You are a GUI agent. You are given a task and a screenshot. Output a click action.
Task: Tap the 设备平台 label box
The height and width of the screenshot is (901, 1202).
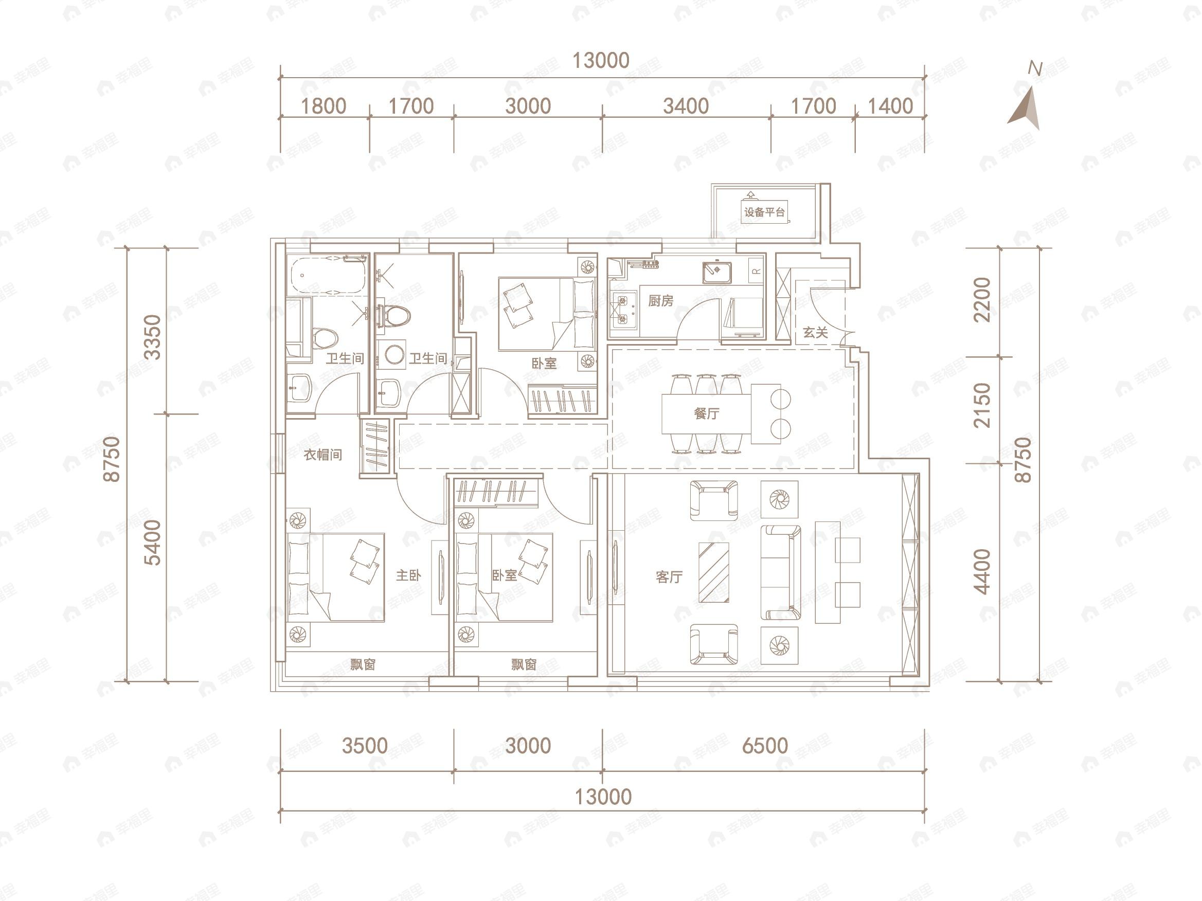point(765,212)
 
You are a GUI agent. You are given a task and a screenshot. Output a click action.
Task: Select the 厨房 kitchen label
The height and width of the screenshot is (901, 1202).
point(661,300)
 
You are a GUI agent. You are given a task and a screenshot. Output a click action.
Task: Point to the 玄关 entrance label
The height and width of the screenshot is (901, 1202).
point(815,333)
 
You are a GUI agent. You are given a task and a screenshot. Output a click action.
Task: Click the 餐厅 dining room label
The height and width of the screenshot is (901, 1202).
point(706,413)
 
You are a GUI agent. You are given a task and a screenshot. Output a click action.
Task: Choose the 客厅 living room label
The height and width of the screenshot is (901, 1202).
point(669,576)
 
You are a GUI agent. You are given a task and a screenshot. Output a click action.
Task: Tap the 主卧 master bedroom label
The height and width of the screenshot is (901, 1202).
point(408,575)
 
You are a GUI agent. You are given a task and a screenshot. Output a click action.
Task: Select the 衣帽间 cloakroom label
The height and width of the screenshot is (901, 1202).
point(323,454)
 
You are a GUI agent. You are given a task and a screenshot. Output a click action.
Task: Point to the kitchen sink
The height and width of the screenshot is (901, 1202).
point(717,272)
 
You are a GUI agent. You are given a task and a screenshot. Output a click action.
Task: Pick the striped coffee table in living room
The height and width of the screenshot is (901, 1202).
point(713,572)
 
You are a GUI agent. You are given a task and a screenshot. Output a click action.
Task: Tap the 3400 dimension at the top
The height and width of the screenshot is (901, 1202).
point(686,106)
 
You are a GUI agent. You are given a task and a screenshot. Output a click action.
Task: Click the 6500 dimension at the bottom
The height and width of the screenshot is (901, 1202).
point(765,746)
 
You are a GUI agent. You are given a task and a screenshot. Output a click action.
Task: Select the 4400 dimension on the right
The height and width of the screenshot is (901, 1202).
point(982,572)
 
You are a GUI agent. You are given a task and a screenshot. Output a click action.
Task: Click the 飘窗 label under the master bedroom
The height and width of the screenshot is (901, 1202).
point(363,664)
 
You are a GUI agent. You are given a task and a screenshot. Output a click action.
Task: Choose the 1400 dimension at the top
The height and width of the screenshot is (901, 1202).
point(890,106)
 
